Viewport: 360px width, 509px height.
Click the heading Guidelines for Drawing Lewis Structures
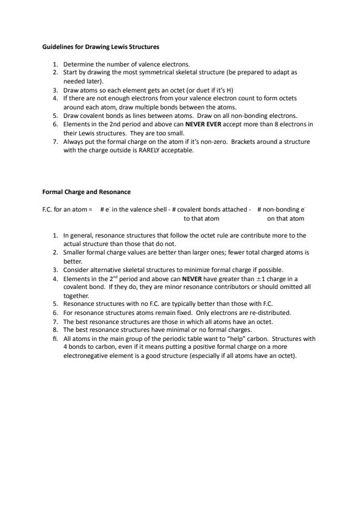point(101,47)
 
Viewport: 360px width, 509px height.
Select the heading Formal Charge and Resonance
point(86,192)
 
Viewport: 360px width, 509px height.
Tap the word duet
point(186,89)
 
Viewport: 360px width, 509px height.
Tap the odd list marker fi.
point(55,339)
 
